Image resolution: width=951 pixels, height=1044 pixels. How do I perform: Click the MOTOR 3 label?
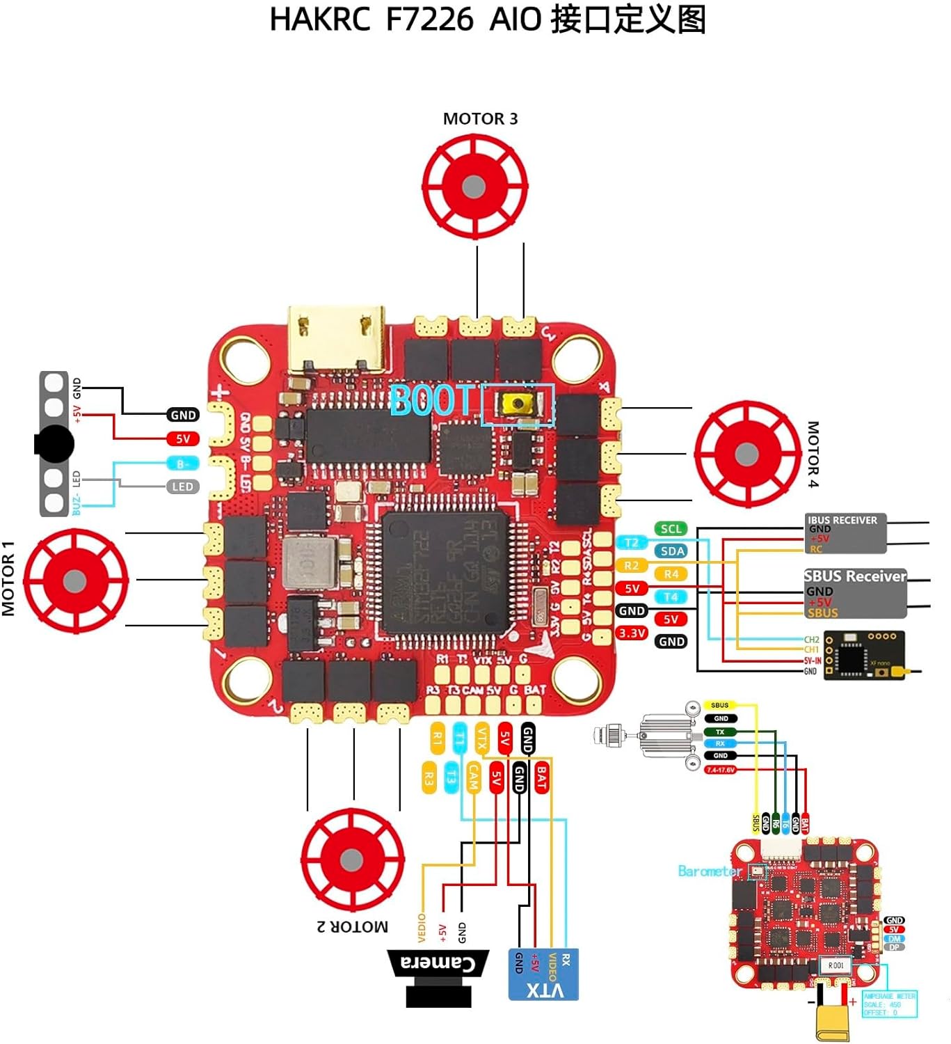click(x=480, y=119)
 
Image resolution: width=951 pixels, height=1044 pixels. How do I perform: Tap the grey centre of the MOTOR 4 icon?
click(x=746, y=454)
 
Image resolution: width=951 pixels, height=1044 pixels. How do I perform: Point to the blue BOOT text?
click(x=431, y=401)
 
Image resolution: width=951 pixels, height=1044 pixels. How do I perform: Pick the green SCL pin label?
click(x=671, y=529)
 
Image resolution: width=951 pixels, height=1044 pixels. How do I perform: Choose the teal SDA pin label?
click(x=672, y=551)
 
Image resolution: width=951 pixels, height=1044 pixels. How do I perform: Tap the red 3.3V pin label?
click(x=632, y=633)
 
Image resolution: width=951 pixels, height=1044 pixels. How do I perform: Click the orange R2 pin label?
click(x=631, y=566)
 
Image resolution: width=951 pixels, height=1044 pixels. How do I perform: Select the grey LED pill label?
click(x=182, y=487)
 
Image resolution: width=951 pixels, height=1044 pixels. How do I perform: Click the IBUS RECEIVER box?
click(x=845, y=534)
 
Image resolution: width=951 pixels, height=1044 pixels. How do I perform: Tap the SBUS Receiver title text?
click(x=855, y=576)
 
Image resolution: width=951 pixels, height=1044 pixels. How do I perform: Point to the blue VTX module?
click(x=543, y=974)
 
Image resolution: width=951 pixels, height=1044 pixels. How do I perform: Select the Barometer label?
click(x=709, y=871)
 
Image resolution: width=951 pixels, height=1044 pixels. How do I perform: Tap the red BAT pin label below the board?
click(x=541, y=777)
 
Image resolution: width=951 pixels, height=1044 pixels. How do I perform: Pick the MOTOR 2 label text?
click(x=352, y=927)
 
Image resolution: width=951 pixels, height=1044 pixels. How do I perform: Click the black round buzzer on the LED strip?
click(x=54, y=443)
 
